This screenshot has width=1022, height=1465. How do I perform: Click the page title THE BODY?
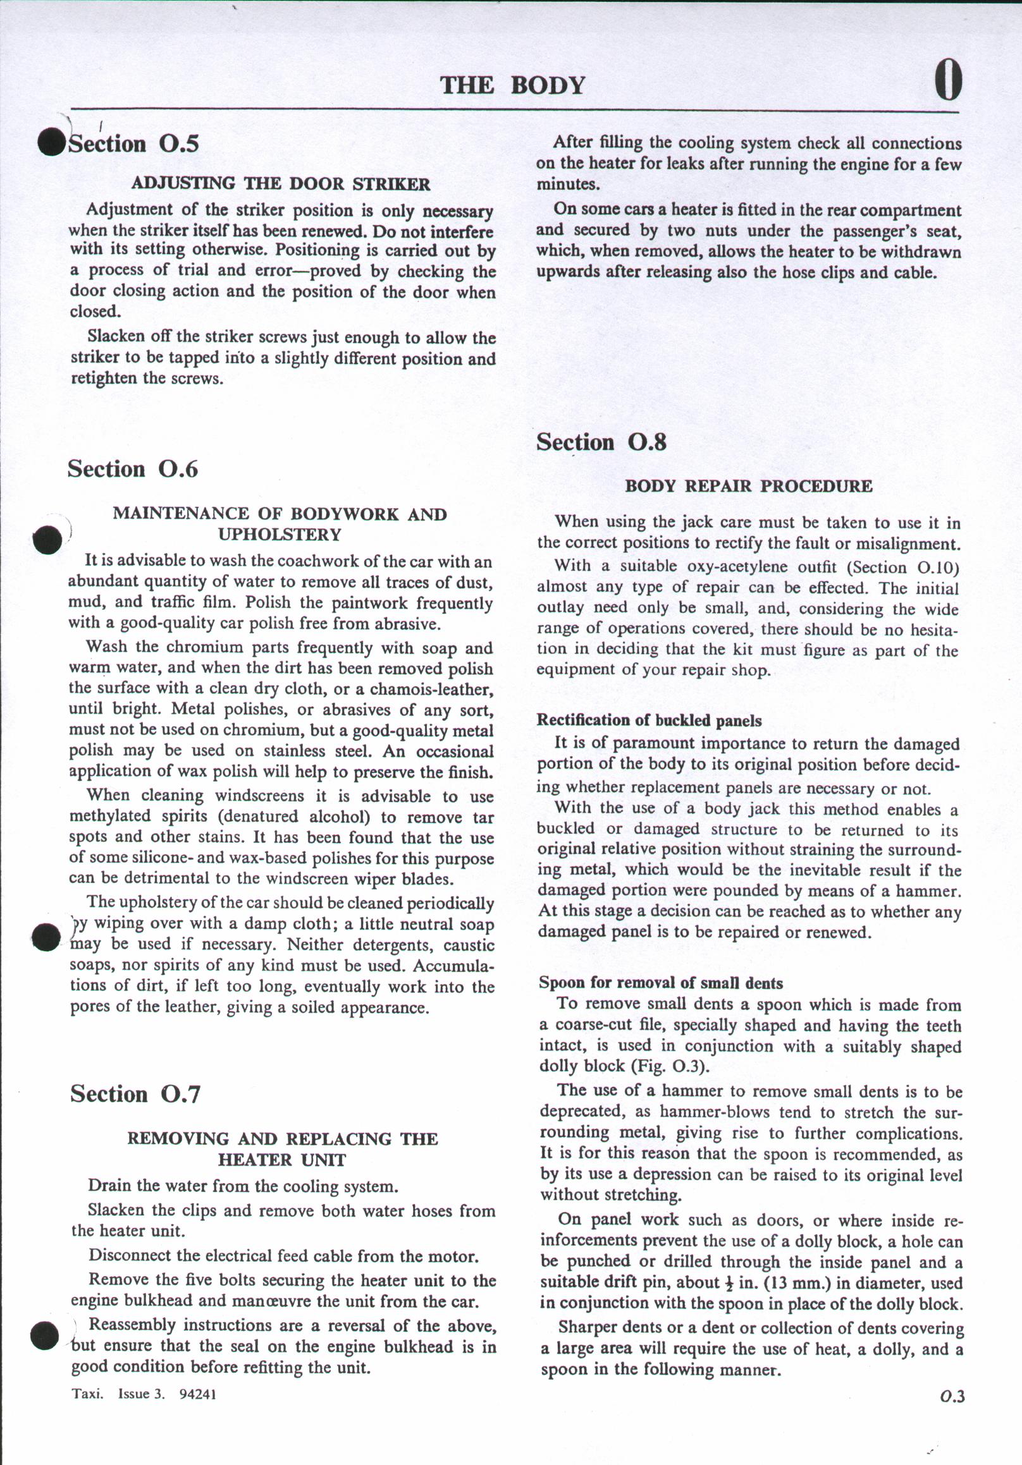point(512,85)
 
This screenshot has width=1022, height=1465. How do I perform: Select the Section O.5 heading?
point(133,143)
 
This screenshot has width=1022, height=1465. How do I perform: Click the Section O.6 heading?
point(133,469)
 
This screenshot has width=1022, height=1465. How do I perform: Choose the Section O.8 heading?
point(601,442)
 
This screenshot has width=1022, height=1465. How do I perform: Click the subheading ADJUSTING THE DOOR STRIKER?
point(281,185)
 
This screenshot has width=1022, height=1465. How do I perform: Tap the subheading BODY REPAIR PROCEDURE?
point(748,486)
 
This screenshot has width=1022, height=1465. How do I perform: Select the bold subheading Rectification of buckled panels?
point(650,720)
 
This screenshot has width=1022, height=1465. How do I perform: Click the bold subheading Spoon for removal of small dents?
point(661,983)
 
